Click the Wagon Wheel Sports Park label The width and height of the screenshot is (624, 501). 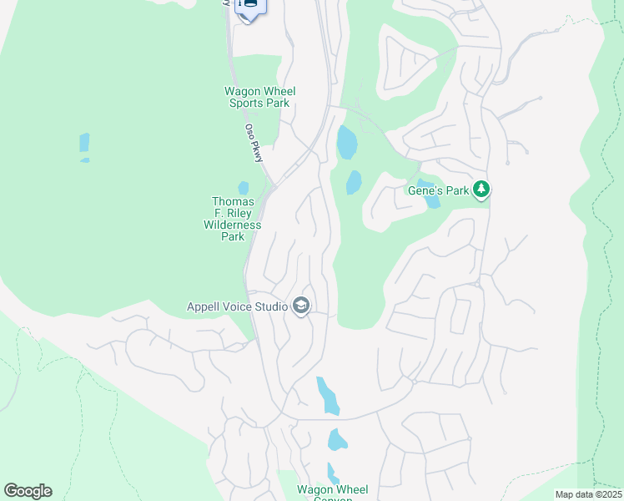click(x=259, y=97)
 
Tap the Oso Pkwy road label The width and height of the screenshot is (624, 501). click(x=253, y=142)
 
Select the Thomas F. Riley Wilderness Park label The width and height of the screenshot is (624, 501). click(x=232, y=219)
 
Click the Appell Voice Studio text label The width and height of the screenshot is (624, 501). click(x=237, y=306)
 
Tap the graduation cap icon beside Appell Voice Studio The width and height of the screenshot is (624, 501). click(x=300, y=306)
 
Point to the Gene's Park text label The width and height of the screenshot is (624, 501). click(x=438, y=190)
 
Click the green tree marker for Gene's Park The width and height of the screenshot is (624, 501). click(x=481, y=190)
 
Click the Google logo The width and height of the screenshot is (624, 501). click(x=28, y=490)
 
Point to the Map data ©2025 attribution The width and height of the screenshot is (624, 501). click(x=588, y=494)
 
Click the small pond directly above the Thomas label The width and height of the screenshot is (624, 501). click(x=243, y=188)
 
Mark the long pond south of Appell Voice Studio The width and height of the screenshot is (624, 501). click(x=328, y=396)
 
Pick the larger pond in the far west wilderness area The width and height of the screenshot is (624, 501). click(x=84, y=144)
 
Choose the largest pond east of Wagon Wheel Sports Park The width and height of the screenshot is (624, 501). click(x=346, y=143)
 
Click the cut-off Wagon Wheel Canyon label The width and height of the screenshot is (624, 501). click(x=333, y=493)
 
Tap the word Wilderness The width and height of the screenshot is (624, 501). click(x=232, y=225)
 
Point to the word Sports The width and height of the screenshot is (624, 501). click(x=248, y=103)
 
